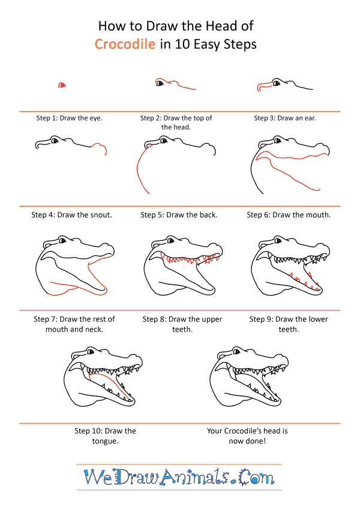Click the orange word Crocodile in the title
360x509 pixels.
point(125,44)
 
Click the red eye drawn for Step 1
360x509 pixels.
point(62,85)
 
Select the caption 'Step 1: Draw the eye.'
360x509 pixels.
point(69,118)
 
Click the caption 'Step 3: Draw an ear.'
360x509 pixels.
point(284,118)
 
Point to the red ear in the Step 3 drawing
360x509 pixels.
point(264,86)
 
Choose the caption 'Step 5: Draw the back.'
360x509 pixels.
point(179,215)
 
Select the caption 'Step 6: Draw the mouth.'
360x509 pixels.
point(289,215)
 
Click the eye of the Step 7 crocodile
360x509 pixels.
point(62,240)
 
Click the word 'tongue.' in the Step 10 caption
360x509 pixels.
point(105,441)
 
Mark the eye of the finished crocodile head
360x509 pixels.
point(236,351)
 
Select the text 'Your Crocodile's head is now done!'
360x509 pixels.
point(247,436)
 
